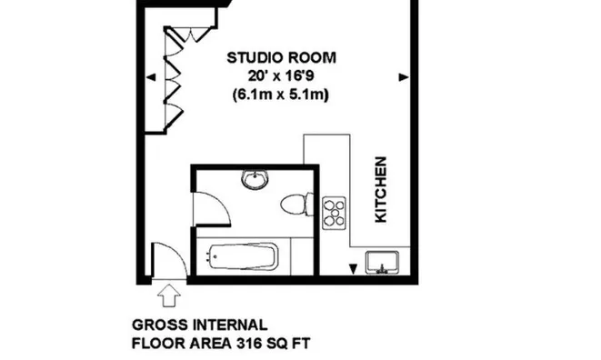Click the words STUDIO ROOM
tap(281, 57)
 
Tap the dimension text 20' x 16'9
tap(281, 76)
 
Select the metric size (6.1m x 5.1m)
tap(281, 95)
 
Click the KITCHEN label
tap(381, 189)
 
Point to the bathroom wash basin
tap(255, 179)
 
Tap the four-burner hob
tap(334, 213)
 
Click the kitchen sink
tap(382, 263)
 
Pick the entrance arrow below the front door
tap(169, 295)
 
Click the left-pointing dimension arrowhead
tap(151, 77)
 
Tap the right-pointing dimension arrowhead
tap(404, 77)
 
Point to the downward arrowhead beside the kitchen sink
tap(353, 269)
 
